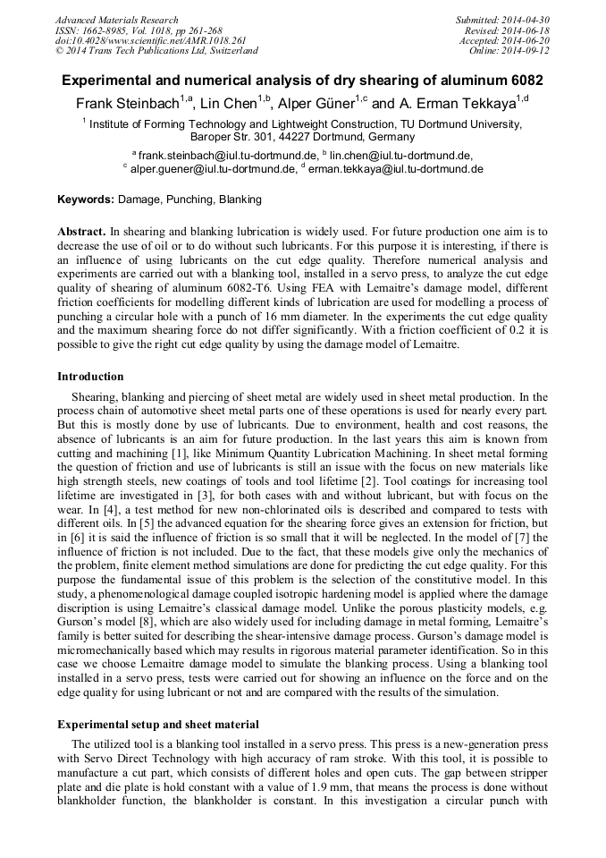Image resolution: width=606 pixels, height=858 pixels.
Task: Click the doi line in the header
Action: pyautogui.click(x=150, y=41)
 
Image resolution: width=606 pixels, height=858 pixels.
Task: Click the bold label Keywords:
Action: pyautogui.click(x=86, y=200)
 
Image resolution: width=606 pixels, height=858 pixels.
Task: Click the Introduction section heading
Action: pyautogui.click(x=90, y=376)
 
